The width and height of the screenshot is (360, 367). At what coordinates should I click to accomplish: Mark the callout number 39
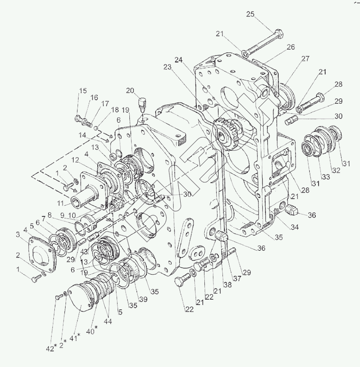(x=142, y=299)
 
